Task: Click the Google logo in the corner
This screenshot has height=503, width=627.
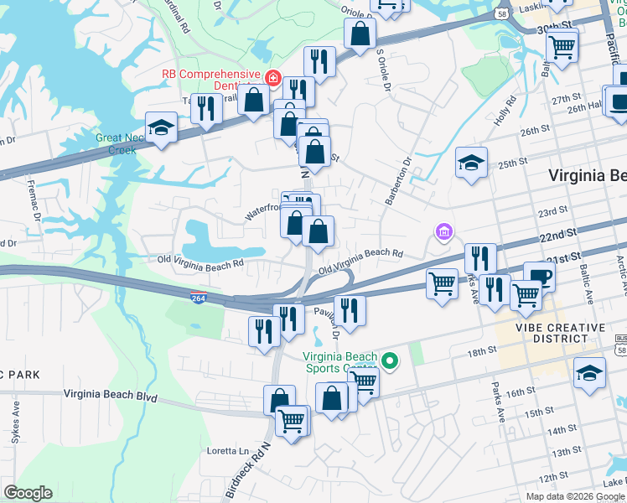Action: (28, 493)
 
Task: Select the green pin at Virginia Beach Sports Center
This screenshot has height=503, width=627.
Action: (389, 361)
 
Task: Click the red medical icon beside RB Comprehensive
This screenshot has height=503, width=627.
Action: (272, 78)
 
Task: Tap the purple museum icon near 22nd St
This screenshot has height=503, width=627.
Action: (443, 231)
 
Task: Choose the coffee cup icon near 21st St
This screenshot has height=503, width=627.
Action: (539, 277)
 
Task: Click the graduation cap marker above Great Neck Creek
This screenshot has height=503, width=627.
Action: (159, 127)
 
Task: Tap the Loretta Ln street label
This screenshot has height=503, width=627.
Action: (228, 451)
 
